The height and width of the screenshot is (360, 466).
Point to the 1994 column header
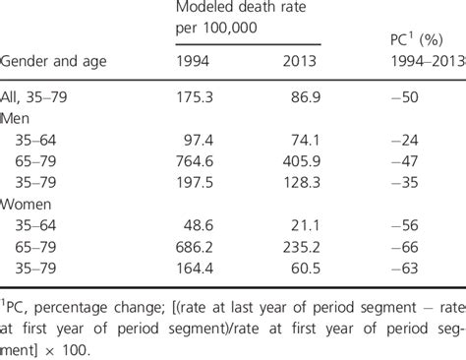195,61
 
